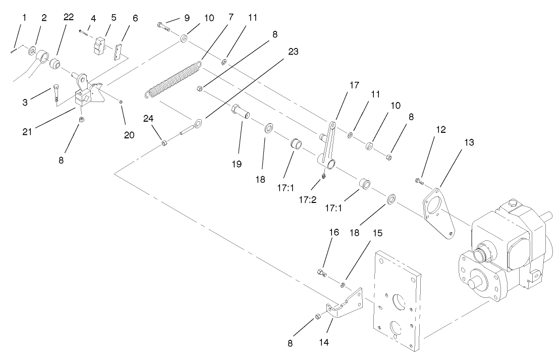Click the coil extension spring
[172, 80]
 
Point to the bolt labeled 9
[165, 26]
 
